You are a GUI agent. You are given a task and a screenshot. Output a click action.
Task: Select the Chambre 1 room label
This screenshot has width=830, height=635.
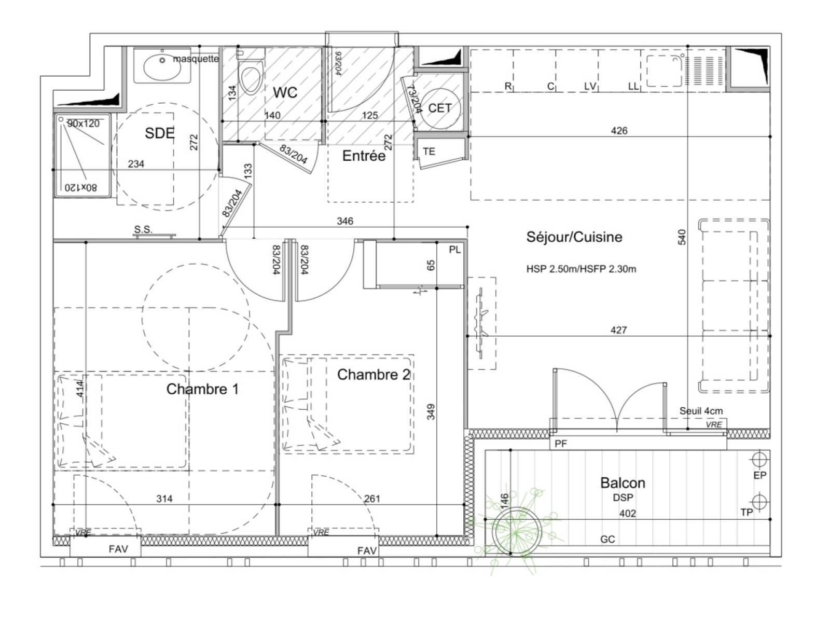(x=202, y=389)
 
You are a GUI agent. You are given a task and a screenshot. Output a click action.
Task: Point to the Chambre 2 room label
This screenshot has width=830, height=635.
(x=373, y=375)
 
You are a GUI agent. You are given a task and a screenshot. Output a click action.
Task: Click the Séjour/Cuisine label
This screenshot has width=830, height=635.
(x=574, y=237)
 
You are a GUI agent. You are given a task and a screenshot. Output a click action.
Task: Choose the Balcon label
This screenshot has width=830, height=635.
(x=622, y=483)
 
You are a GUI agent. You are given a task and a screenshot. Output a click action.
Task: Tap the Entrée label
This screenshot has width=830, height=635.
(x=364, y=156)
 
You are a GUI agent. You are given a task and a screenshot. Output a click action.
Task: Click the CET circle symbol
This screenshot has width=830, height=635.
(x=439, y=108)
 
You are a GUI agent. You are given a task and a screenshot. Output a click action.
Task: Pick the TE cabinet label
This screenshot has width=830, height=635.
(x=429, y=151)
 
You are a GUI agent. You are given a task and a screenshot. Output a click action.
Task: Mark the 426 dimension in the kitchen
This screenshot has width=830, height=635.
(x=619, y=131)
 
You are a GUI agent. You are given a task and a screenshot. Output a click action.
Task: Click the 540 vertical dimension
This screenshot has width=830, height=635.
(x=682, y=237)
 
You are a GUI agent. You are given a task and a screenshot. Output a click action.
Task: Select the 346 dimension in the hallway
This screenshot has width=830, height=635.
(x=345, y=221)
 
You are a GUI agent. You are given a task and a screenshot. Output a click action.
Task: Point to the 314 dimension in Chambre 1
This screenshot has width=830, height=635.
(x=164, y=499)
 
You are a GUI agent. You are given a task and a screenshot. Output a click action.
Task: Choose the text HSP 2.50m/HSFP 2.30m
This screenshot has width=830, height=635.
(x=581, y=269)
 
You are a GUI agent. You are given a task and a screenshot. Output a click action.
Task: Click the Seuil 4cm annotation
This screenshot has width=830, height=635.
(x=701, y=411)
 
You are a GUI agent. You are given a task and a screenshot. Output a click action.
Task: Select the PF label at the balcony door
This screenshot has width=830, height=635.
(x=561, y=444)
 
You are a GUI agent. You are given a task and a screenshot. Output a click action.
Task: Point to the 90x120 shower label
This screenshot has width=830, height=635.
(x=83, y=123)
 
